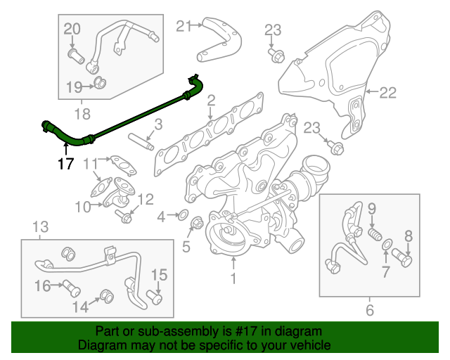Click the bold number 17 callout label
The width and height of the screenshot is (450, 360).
click(x=65, y=165)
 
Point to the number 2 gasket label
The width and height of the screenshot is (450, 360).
click(x=210, y=107)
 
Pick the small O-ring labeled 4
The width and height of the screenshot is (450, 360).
click(x=181, y=216)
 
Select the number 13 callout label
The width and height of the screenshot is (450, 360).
click(x=41, y=226)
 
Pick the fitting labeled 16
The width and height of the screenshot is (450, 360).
click(x=69, y=285)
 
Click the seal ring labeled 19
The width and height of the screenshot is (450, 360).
click(x=101, y=85)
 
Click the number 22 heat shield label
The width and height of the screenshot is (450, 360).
click(x=389, y=92)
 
